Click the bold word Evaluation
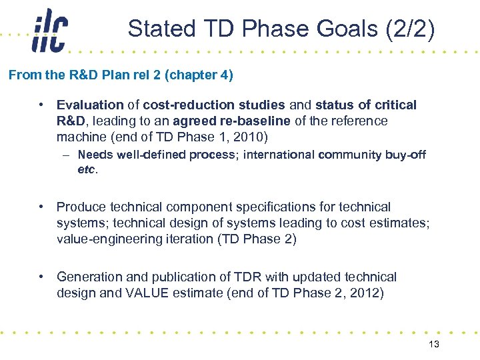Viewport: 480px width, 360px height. pyautogui.click(x=90, y=105)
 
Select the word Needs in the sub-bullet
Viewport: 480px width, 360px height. pyautogui.click(x=95, y=155)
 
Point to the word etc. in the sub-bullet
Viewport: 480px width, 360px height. pyautogui.click(x=87, y=169)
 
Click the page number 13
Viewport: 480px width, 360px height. pyautogui.click(x=434, y=343)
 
